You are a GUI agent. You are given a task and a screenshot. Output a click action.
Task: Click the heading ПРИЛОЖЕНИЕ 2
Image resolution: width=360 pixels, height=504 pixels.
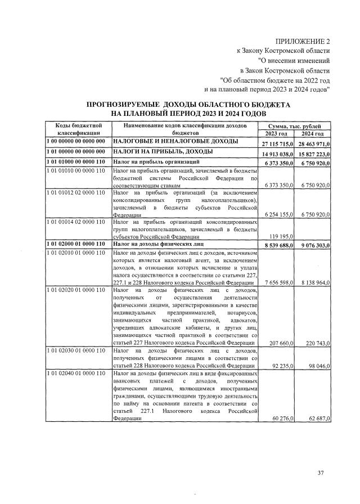pos(303,42)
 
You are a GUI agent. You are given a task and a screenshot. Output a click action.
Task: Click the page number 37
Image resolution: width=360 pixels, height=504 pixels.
pos(321,472)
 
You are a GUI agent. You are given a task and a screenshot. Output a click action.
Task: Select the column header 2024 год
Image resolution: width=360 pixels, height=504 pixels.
pos(312,133)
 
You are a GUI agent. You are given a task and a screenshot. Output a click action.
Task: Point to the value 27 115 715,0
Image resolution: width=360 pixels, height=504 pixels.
pos(276,145)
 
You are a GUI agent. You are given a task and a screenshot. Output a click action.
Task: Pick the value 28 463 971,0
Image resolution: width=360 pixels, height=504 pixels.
pos(312,145)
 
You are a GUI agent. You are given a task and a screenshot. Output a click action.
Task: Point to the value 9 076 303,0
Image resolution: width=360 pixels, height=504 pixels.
pos(313,245)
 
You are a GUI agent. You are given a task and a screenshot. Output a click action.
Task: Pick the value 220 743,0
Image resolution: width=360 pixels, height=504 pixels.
pos(315,342)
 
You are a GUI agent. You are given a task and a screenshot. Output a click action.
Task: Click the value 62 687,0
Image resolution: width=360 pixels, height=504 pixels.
pos(316,418)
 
